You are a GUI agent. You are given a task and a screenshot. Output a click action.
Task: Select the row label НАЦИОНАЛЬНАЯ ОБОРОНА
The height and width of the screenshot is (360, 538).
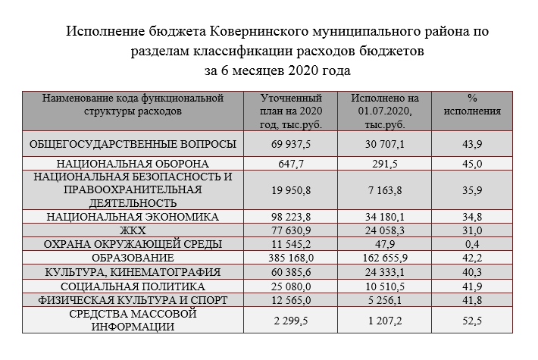(x=133, y=163)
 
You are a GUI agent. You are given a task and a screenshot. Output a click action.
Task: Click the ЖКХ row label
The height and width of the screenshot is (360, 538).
(x=133, y=230)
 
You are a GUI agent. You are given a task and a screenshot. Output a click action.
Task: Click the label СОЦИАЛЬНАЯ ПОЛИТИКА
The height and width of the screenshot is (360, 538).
(x=133, y=286)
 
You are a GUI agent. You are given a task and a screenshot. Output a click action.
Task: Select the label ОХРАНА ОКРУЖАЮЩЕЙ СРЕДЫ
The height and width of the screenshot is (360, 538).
(x=133, y=244)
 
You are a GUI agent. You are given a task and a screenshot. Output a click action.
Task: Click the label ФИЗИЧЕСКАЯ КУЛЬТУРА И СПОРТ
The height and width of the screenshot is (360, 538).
(x=133, y=300)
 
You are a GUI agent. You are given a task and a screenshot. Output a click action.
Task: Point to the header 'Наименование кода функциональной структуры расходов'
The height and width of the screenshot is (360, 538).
(x=133, y=105)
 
